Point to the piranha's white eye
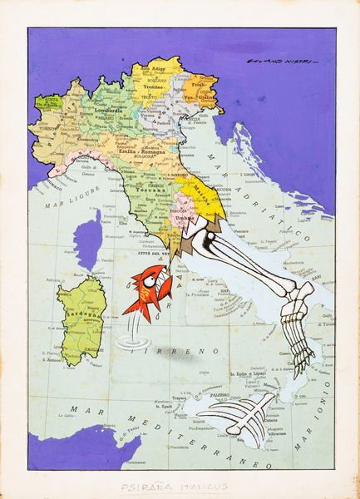point(149,279)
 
